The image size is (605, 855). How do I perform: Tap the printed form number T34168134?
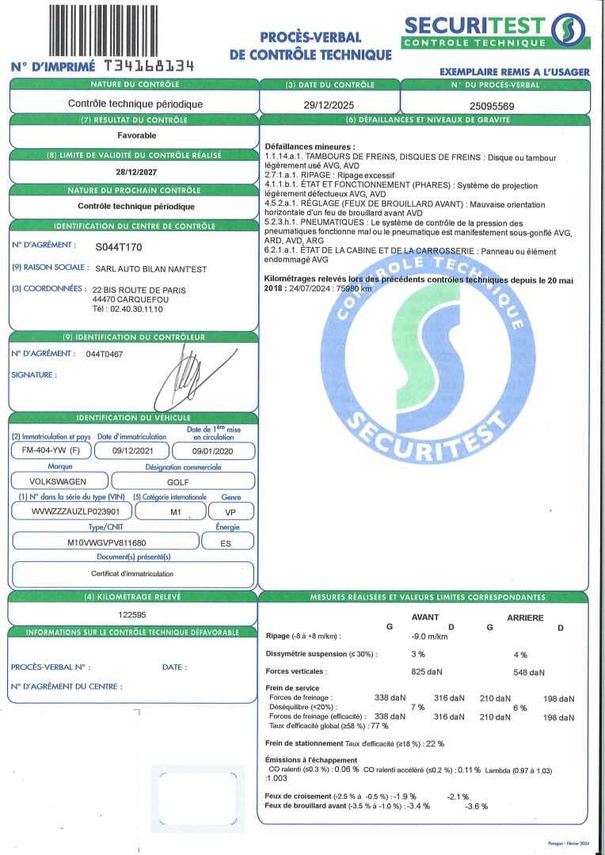[x=149, y=66]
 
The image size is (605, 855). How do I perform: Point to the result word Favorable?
[x=135, y=135]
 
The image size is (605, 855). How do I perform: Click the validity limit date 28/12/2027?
[x=135, y=170]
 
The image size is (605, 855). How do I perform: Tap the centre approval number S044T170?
[x=119, y=247]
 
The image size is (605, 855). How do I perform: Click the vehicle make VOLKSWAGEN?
[x=58, y=481]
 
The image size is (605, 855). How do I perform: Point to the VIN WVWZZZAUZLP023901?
[x=70, y=512]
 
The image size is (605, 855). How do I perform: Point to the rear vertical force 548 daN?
[x=529, y=672]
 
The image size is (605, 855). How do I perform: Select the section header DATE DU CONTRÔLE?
[x=329, y=85]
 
